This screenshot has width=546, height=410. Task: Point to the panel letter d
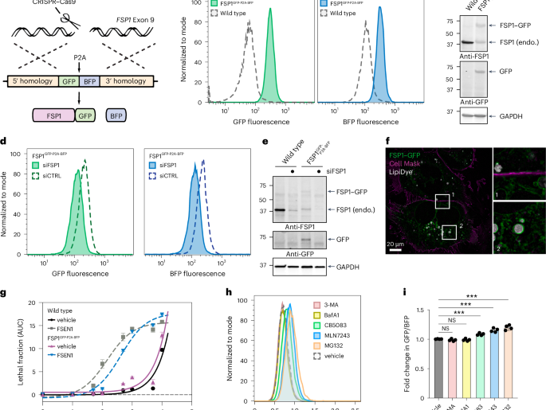pos(5,142)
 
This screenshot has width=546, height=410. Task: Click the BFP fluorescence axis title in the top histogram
pos(373,125)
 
